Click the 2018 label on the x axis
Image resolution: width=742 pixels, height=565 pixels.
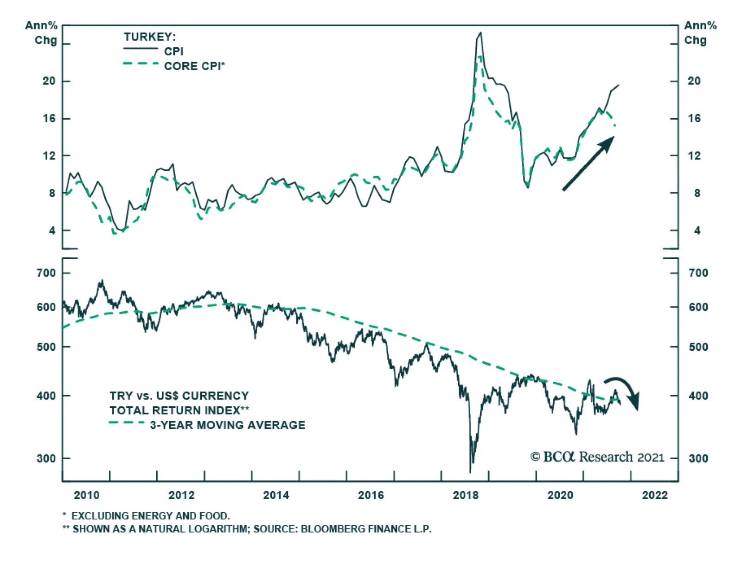(x=465, y=495)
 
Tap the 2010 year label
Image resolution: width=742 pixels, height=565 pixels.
(x=86, y=495)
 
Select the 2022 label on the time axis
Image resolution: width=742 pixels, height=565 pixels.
(x=654, y=495)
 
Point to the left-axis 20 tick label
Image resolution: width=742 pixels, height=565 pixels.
(x=49, y=81)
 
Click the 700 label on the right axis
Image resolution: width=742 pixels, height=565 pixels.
(x=698, y=273)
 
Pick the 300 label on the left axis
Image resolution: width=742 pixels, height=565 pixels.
(x=46, y=459)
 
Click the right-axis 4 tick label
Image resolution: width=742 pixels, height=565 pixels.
(x=697, y=231)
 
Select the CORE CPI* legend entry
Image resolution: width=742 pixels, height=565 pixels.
(x=194, y=66)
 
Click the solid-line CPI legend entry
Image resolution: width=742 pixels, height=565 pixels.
(x=173, y=51)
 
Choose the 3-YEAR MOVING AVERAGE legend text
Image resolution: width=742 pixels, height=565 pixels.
(x=227, y=425)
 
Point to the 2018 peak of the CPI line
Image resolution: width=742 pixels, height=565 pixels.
(x=480, y=33)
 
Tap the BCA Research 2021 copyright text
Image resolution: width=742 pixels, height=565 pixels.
(x=597, y=457)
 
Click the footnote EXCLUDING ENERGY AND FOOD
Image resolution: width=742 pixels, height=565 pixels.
(x=150, y=516)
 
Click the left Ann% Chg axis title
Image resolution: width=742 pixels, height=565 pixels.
(x=41, y=33)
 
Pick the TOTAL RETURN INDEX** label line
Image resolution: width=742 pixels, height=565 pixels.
(x=179, y=411)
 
